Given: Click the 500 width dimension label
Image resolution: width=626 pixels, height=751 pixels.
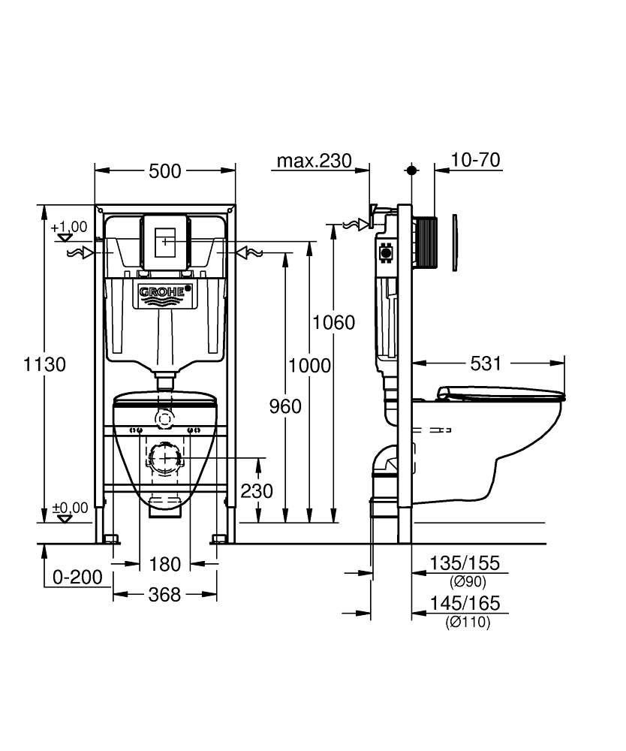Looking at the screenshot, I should (164, 171).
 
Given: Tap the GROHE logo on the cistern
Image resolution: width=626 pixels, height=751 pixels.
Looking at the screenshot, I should (164, 291).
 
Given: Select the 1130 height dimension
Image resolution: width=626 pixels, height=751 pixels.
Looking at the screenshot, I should (44, 365).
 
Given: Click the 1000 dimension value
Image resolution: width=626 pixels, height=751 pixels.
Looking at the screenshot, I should (309, 366).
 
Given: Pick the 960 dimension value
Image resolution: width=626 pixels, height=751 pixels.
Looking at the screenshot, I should (285, 406).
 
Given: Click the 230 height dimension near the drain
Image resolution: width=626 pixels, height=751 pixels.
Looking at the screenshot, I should (257, 491).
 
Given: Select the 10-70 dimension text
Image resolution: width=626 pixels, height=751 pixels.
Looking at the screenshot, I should (476, 160).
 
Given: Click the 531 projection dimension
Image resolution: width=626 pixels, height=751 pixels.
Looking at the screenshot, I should (486, 364).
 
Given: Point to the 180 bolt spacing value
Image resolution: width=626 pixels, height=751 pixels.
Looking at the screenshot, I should (164, 563).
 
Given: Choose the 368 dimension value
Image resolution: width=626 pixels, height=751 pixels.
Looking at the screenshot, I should (164, 595).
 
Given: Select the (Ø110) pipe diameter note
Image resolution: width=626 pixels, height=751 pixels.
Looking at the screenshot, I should (467, 622).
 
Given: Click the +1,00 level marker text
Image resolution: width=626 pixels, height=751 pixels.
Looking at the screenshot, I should (69, 227).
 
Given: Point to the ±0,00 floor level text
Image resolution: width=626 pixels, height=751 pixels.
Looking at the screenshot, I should (70, 508).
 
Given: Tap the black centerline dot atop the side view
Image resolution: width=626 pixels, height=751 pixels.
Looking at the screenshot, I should (411, 170).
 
